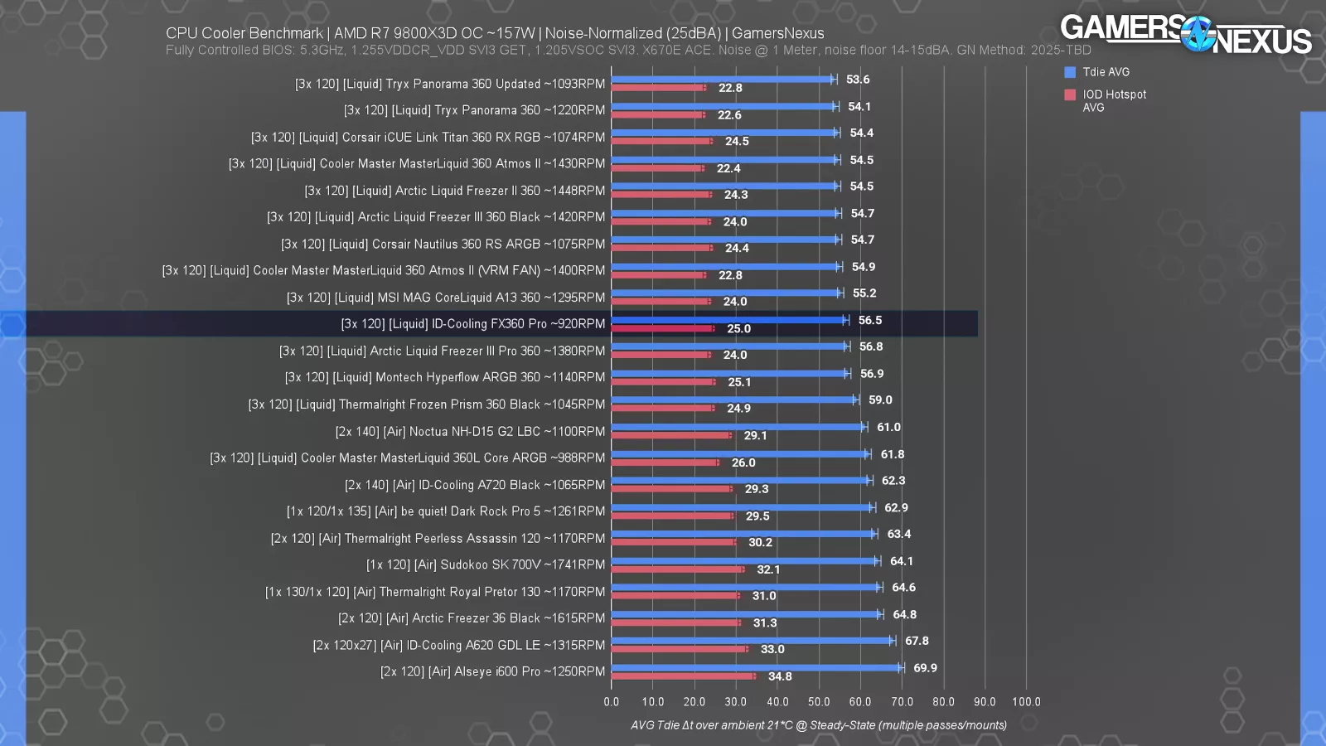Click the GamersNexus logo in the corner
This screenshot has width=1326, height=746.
tap(1185, 34)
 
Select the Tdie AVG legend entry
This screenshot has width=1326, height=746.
tap(1106, 72)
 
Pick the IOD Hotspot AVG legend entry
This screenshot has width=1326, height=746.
tap(1113, 100)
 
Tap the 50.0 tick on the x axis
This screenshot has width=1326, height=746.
tap(819, 701)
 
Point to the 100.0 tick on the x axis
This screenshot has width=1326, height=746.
tap(1026, 701)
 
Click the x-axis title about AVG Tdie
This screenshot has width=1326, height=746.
tap(819, 725)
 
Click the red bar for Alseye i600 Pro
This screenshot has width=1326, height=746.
tap(683, 676)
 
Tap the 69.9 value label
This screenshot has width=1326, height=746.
tap(925, 668)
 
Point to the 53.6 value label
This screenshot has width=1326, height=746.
tap(858, 80)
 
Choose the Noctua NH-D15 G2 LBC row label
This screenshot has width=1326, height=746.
tap(470, 431)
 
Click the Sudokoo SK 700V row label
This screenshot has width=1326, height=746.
tap(486, 564)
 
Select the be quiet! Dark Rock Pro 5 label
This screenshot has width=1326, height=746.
tap(446, 511)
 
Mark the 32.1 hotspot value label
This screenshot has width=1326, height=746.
tap(768, 569)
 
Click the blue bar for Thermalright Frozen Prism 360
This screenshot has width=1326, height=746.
tap(733, 400)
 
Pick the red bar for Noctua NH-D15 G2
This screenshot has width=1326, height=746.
tap(671, 435)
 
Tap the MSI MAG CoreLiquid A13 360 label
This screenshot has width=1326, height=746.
tap(446, 297)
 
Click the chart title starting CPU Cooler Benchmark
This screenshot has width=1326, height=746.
tap(495, 33)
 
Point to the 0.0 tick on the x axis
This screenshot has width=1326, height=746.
tap(612, 701)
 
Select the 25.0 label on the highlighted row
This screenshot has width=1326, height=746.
tap(738, 329)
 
